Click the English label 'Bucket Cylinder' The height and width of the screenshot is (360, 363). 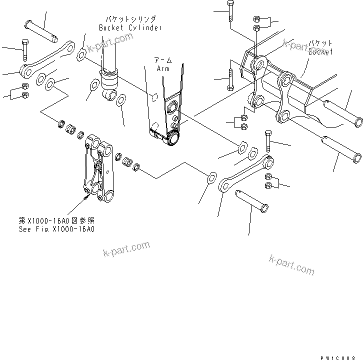pyautogui.click(x=130, y=27)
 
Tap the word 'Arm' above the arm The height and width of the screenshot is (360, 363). pyautogui.click(x=163, y=68)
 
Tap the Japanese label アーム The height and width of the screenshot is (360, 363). pyautogui.click(x=163, y=60)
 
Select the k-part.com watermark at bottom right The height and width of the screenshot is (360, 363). pyautogui.click(x=291, y=263)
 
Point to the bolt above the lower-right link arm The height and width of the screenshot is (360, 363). pyautogui.click(x=268, y=141)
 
